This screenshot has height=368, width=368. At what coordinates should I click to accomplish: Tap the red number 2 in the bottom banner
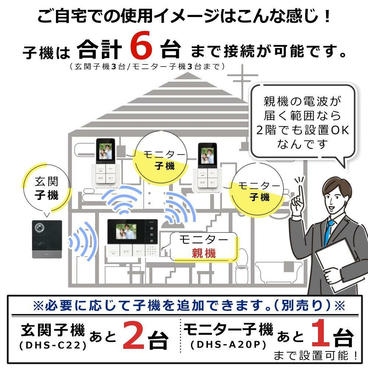[x=134, y=335]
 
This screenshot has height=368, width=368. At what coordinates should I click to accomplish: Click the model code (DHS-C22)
[x=52, y=346]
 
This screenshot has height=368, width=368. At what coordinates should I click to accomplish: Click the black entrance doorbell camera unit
[x=47, y=239]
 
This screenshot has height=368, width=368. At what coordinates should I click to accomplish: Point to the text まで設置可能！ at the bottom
[x=315, y=355]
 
